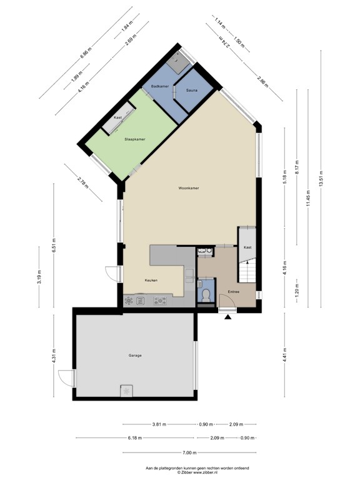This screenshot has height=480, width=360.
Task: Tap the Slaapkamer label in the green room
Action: point(135,139)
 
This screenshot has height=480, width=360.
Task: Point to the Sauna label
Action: point(192,91)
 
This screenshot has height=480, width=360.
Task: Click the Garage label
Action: point(135,356)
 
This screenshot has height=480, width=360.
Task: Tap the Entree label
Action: point(234,291)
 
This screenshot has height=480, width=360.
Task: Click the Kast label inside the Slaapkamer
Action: point(117,118)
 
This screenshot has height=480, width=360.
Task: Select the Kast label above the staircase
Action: point(247,247)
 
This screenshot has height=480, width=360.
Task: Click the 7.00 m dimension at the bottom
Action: point(189,453)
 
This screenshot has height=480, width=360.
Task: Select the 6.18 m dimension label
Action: point(135,438)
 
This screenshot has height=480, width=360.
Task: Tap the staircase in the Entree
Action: point(248,269)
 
